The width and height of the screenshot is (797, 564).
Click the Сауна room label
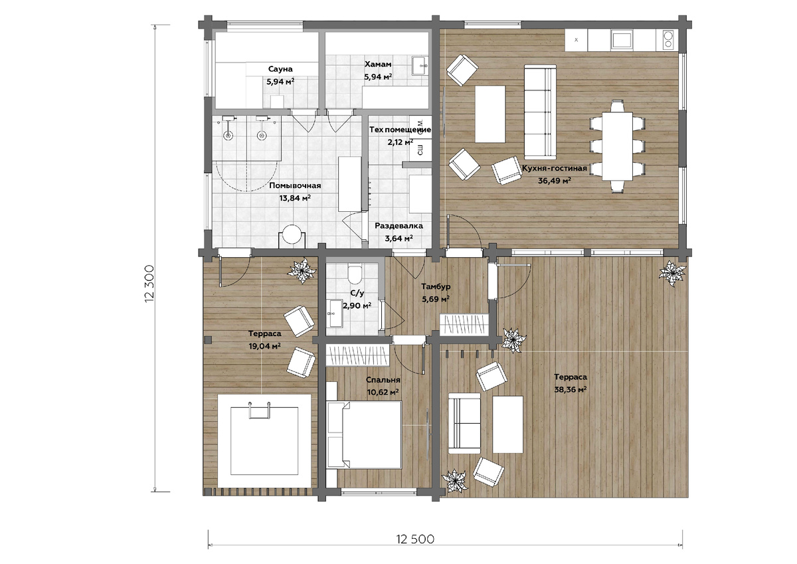(x=280, y=69)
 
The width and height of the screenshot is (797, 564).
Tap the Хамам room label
(x=378, y=64)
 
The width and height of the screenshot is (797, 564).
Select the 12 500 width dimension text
(x=415, y=539)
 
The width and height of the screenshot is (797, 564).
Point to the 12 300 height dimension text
(x=149, y=284)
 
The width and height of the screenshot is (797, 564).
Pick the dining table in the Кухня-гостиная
(x=617, y=146)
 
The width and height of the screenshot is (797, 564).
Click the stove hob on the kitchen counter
(x=668, y=39)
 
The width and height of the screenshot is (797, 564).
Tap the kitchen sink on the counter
(x=621, y=39)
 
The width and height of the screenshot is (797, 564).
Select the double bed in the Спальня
(x=365, y=434)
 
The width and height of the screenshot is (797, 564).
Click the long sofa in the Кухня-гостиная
(x=540, y=112)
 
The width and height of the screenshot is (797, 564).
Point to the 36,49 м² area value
(x=555, y=181)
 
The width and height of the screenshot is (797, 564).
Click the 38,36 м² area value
(x=571, y=390)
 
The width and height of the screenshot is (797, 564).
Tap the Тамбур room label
(x=436, y=286)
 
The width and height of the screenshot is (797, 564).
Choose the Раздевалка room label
(x=399, y=226)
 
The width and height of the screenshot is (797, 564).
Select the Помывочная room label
(x=295, y=186)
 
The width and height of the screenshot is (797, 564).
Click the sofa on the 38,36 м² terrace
(x=464, y=423)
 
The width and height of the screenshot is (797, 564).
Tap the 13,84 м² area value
(x=295, y=198)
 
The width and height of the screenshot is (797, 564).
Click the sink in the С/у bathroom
(x=335, y=313)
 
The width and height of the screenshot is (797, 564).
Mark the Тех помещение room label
(x=400, y=130)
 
